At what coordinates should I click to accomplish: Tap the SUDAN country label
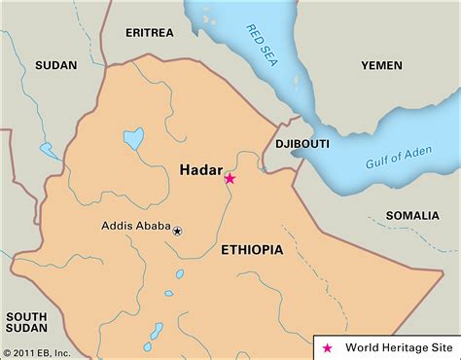55,65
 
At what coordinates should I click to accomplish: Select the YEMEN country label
381,65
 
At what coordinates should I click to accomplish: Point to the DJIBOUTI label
302,143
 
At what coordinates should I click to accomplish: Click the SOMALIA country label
412,214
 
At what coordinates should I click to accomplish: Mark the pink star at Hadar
230,178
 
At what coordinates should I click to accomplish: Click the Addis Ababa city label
135,227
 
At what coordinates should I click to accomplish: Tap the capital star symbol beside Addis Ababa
177,231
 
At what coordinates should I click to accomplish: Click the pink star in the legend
327,345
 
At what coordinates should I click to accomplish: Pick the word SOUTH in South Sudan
27,317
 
